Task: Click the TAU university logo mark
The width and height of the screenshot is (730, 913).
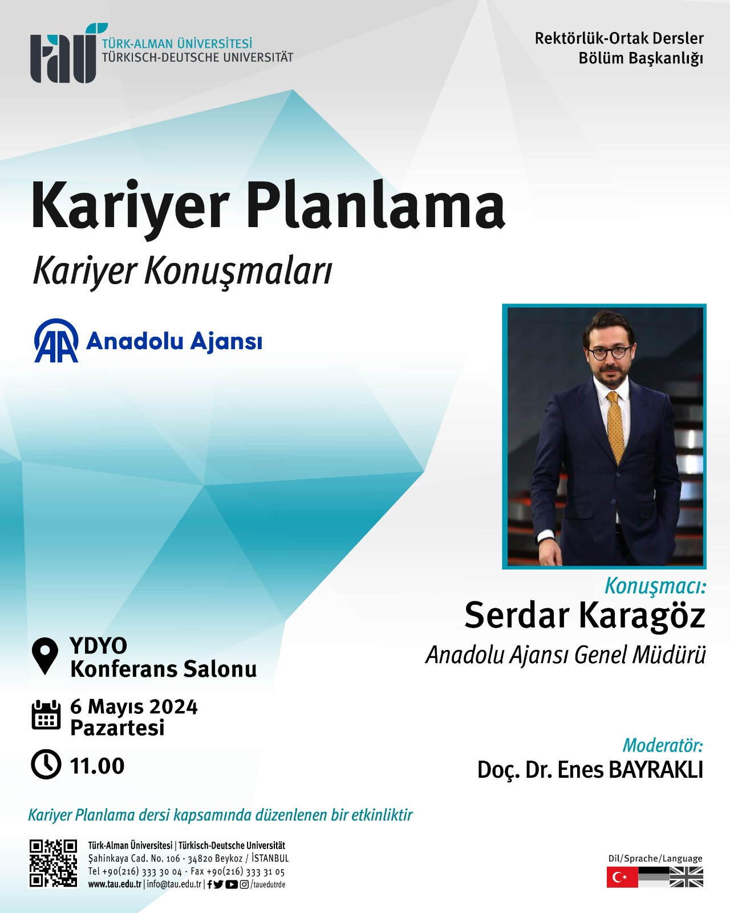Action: (67, 52)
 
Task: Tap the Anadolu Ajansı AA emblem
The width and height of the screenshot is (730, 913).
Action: (56, 341)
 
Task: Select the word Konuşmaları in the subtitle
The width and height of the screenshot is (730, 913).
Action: (238, 272)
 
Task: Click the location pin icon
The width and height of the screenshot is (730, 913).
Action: (45, 656)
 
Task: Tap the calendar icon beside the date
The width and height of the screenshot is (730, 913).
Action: (46, 716)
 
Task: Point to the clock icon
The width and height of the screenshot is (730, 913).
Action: (46, 765)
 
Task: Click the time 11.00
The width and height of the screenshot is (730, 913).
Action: (97, 766)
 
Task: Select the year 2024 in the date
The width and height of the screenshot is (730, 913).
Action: (173, 707)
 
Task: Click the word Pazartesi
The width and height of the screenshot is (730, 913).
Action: (117, 728)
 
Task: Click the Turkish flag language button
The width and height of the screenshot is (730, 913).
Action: (622, 877)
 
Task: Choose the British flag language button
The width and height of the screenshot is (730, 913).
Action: (686, 877)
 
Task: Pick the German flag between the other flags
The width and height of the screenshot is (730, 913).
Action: (654, 877)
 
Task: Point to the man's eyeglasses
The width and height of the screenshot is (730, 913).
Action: (610, 353)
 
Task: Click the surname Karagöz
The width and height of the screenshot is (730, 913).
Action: (642, 616)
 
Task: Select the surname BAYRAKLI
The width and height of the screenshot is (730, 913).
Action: (656, 770)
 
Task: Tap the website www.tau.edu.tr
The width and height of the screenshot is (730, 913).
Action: (115, 884)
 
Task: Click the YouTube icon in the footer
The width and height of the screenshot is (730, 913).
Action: (231, 884)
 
